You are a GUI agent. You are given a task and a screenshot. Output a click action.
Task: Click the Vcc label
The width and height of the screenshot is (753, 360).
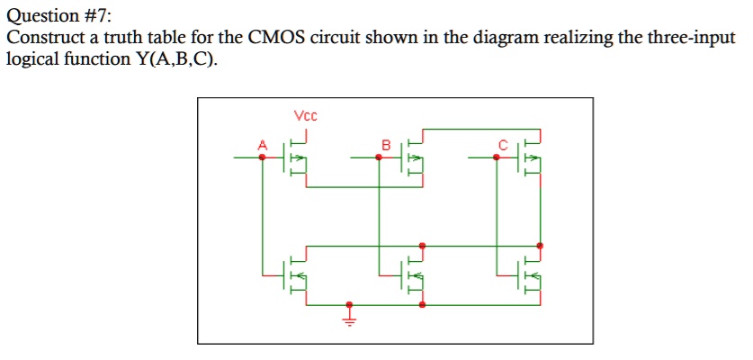click(306, 115)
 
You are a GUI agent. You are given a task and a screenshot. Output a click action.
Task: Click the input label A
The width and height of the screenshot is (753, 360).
click(263, 144)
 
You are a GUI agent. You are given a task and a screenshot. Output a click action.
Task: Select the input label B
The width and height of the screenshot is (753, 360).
click(387, 144)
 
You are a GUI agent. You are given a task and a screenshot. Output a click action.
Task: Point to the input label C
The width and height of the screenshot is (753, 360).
click(504, 144)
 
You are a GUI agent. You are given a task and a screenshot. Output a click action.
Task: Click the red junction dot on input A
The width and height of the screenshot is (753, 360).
click(263, 157)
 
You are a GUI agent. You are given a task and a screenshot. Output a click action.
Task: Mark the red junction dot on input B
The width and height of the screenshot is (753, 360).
click(379, 157)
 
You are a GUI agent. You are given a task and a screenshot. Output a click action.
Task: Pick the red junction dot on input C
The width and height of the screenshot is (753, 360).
click(497, 157)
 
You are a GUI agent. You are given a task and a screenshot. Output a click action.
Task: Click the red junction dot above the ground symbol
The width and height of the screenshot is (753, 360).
click(350, 304)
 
